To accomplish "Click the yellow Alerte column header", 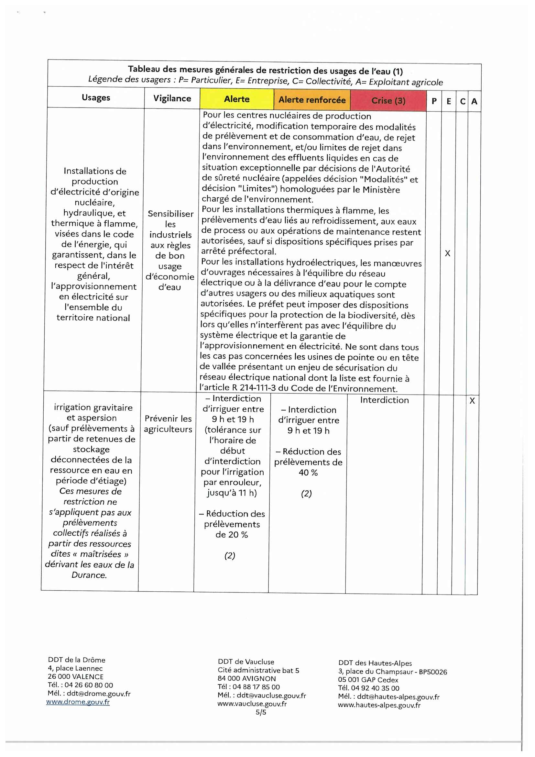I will [x=236, y=99].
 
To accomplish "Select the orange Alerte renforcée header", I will [x=312, y=100].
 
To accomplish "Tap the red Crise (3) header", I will [x=388, y=101].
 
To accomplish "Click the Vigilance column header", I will [x=172, y=98].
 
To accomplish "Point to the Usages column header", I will [x=96, y=98].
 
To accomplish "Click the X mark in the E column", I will [x=447, y=253].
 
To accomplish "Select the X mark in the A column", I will [x=472, y=401].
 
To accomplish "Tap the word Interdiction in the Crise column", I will [x=384, y=400].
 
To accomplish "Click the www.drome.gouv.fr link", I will [x=78, y=702].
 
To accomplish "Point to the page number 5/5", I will [x=261, y=712].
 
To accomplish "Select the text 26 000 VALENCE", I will [x=76, y=676].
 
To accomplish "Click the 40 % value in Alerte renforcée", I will [x=308, y=473].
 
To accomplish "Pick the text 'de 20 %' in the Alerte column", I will [x=232, y=534].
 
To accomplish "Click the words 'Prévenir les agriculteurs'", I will [x=168, y=424].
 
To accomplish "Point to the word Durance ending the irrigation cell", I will [x=89, y=575].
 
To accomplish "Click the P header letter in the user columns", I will [x=434, y=101].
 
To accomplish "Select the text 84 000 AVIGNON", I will [x=247, y=679].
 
